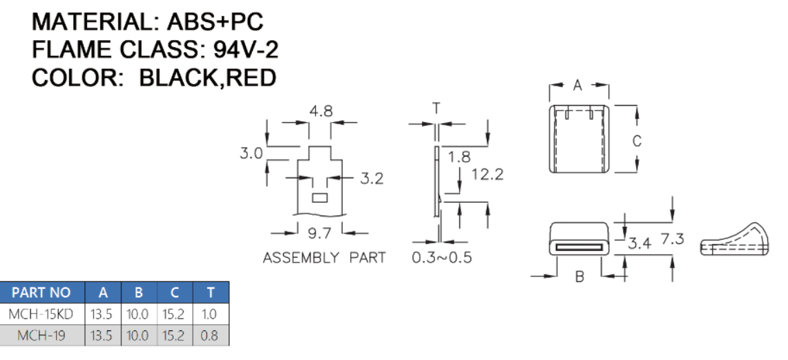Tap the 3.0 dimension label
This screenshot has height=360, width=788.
click(x=251, y=153)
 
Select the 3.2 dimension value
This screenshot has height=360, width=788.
click(x=372, y=179)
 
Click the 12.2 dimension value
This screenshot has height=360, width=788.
click(x=487, y=174)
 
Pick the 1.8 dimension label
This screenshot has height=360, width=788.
click(x=459, y=157)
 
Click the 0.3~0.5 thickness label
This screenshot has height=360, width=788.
click(x=442, y=258)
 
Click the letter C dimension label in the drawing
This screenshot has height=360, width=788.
click(x=637, y=141)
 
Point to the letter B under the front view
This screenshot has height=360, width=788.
click(x=579, y=277)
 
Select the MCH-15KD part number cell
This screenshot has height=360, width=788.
click(x=41, y=314)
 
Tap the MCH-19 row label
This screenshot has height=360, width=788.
click(x=41, y=336)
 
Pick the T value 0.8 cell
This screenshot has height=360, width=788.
click(x=209, y=336)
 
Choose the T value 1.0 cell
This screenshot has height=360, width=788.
click(x=209, y=314)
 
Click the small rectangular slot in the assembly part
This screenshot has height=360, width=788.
click(x=319, y=198)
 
